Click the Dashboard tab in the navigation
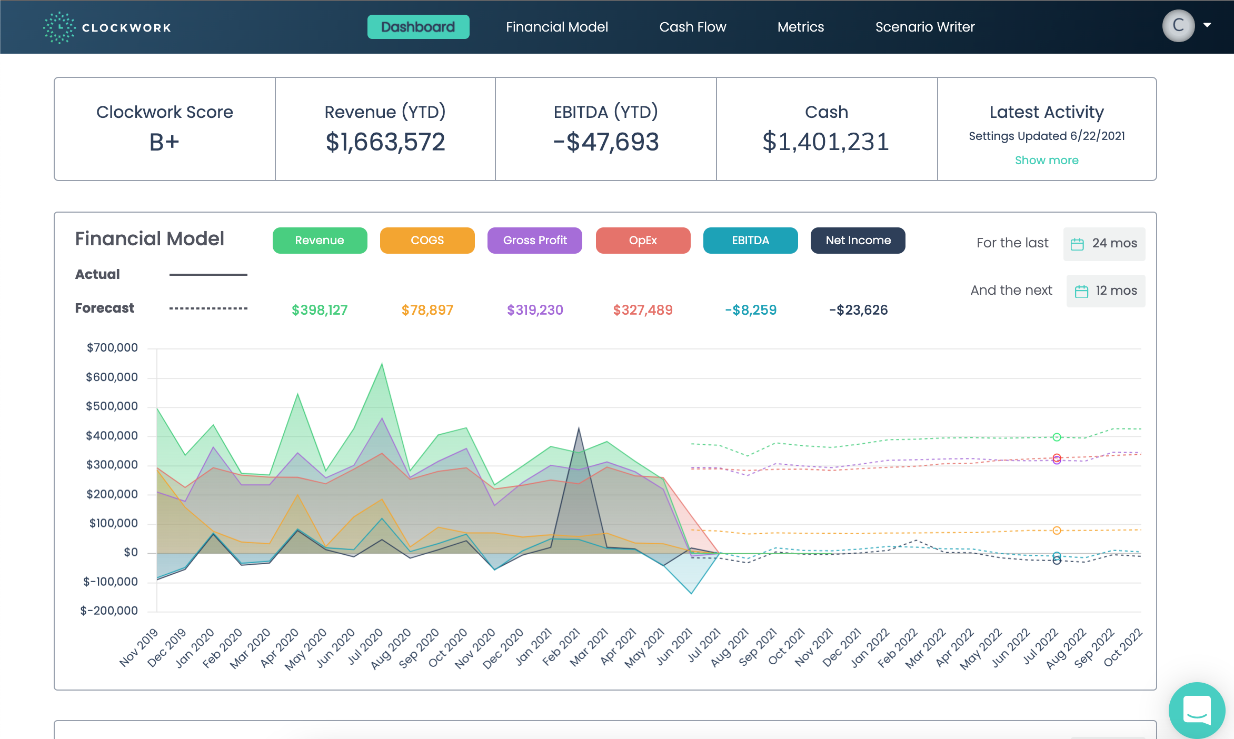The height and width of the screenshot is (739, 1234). (x=418, y=27)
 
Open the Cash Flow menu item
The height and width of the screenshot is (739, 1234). (x=692, y=27)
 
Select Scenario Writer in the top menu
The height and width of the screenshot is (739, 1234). (x=924, y=27)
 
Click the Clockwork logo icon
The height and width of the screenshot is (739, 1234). (x=59, y=27)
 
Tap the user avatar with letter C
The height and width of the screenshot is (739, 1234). (x=1178, y=25)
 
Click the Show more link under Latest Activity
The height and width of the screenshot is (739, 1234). (x=1046, y=160)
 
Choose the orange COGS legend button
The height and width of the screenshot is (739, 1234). (x=427, y=241)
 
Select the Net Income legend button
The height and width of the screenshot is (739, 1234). (x=858, y=241)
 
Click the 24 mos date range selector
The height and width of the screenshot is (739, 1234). (x=1104, y=243)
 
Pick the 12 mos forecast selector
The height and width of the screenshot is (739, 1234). (x=1106, y=291)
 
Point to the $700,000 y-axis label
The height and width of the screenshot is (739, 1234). (x=112, y=347)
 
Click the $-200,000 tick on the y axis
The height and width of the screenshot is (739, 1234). (x=109, y=611)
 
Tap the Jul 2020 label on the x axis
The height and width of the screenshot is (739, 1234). (x=365, y=647)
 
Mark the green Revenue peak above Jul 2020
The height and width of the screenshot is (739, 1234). (x=382, y=364)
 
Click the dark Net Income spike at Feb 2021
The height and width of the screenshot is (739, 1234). (x=579, y=429)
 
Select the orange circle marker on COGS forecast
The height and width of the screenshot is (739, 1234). (x=1057, y=531)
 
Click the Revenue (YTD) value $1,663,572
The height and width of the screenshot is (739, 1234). (x=385, y=142)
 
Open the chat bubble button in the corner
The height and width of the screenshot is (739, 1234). (x=1197, y=710)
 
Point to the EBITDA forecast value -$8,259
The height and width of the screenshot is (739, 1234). (x=750, y=310)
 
